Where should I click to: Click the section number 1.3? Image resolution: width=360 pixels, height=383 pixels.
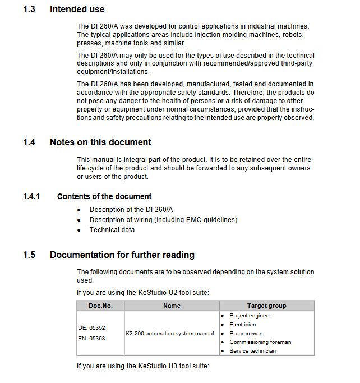(29, 10)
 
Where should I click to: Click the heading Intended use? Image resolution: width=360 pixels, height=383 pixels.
(77, 10)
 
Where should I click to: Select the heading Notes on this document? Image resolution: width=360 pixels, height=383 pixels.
(100, 142)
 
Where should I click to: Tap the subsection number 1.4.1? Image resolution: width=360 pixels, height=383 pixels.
(31, 196)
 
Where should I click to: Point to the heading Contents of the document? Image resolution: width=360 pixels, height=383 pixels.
(104, 196)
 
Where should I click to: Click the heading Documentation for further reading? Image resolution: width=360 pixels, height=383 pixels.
(122, 255)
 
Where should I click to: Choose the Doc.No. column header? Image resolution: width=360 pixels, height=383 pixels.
(101, 306)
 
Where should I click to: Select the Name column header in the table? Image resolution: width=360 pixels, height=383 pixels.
(172, 306)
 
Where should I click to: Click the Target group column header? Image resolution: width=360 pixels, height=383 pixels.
(266, 306)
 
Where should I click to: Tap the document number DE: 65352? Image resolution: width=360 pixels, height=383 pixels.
(92, 327)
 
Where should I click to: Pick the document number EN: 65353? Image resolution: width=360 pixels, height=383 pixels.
(92, 338)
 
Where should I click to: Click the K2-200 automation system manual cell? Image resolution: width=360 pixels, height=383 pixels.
(170, 333)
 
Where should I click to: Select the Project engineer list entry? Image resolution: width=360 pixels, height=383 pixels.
(250, 316)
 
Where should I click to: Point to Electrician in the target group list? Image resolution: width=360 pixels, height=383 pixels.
(243, 325)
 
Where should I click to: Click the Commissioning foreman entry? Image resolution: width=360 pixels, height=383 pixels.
(260, 342)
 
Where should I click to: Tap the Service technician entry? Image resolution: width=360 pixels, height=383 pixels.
(252, 351)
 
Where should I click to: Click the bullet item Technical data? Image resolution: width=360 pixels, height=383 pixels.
(112, 230)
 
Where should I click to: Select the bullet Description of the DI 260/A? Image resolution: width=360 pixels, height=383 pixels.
(131, 210)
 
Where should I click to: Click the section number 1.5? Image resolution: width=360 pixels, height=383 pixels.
(29, 255)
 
